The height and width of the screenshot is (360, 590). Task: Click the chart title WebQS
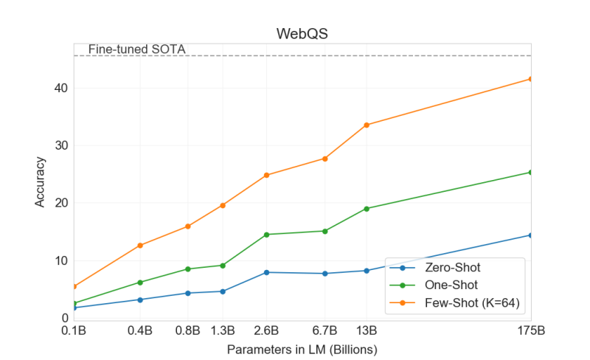point(302,34)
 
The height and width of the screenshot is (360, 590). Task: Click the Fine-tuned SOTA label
point(136,49)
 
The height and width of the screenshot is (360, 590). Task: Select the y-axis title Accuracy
point(41,181)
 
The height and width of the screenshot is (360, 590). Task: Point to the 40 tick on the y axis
point(60,88)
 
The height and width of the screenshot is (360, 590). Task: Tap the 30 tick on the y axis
point(60,145)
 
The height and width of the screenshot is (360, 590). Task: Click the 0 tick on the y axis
point(63,318)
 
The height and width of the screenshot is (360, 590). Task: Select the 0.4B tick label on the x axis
point(140,330)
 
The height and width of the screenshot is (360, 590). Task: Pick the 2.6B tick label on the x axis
point(266,330)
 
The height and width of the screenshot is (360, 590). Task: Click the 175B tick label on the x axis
point(530,330)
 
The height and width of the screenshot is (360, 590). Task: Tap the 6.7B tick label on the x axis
point(324,330)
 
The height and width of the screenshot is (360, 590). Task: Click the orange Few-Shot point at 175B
point(530,79)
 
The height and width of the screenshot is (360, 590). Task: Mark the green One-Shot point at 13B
point(367,209)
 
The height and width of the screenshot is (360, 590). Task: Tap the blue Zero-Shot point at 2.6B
point(266,272)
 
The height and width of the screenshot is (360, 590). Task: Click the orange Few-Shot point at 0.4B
point(140,245)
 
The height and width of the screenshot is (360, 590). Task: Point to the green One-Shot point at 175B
point(530,172)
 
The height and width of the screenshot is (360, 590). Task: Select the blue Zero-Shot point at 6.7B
point(324,274)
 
